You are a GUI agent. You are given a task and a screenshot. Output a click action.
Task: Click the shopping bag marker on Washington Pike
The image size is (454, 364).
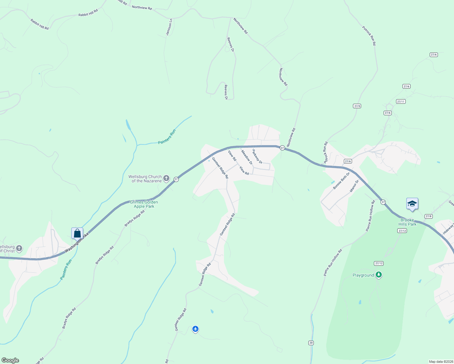click(x=77, y=233)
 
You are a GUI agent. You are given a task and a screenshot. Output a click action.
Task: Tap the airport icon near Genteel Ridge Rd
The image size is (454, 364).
click(x=195, y=329)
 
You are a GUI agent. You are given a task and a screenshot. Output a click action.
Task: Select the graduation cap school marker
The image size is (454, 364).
click(x=412, y=204)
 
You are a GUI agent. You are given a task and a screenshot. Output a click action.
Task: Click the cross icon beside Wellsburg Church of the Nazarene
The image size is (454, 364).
click(x=166, y=178)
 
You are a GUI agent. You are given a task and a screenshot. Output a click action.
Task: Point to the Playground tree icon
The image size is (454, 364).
click(x=378, y=275)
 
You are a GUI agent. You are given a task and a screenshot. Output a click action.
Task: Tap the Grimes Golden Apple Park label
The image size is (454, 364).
click(x=144, y=204)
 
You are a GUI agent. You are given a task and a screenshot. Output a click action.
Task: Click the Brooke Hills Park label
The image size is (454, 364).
click(x=407, y=222)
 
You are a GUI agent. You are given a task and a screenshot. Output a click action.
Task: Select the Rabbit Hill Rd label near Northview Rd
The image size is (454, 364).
click(x=88, y=13)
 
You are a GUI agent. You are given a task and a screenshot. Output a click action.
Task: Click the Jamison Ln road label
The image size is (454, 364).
click(x=169, y=27)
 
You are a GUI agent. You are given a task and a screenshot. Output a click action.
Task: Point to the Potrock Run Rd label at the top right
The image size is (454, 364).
click(x=369, y=36)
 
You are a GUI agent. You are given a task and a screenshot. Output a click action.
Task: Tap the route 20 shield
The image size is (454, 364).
click(x=311, y=343)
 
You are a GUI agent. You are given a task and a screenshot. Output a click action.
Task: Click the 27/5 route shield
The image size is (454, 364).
click(x=357, y=106)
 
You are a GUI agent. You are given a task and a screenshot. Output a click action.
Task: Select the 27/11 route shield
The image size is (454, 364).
click(x=401, y=101)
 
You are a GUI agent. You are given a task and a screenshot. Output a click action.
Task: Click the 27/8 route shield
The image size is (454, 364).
click(x=428, y=216)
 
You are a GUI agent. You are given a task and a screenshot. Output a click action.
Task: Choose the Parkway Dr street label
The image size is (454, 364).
click(x=257, y=157)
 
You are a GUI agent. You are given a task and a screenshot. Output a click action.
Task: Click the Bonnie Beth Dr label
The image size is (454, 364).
click(x=341, y=180)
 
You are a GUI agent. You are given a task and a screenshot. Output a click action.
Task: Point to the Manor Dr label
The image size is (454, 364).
click(x=354, y=186)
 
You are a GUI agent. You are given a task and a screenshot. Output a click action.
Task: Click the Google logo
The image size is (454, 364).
click(x=10, y=360)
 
